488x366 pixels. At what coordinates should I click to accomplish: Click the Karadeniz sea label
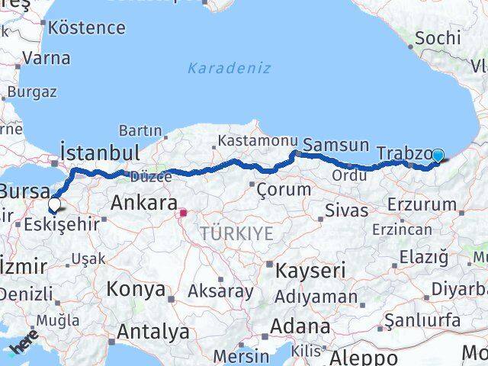pyautogui.click(x=229, y=69)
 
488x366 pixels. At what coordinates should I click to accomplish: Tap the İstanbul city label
pyautogui.click(x=100, y=149)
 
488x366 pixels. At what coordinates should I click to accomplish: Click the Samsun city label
pyautogui.click(x=335, y=145)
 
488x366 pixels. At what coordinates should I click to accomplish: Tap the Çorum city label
pyautogui.click(x=283, y=188)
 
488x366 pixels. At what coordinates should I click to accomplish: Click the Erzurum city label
pyautogui.click(x=422, y=205)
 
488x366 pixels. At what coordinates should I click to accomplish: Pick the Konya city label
pyautogui.click(x=136, y=290)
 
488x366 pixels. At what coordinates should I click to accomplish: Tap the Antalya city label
pyautogui.click(x=153, y=332)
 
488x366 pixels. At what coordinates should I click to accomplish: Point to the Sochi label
pyautogui.click(x=438, y=37)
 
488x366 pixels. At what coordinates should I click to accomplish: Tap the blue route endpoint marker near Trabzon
pyautogui.click(x=438, y=156)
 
